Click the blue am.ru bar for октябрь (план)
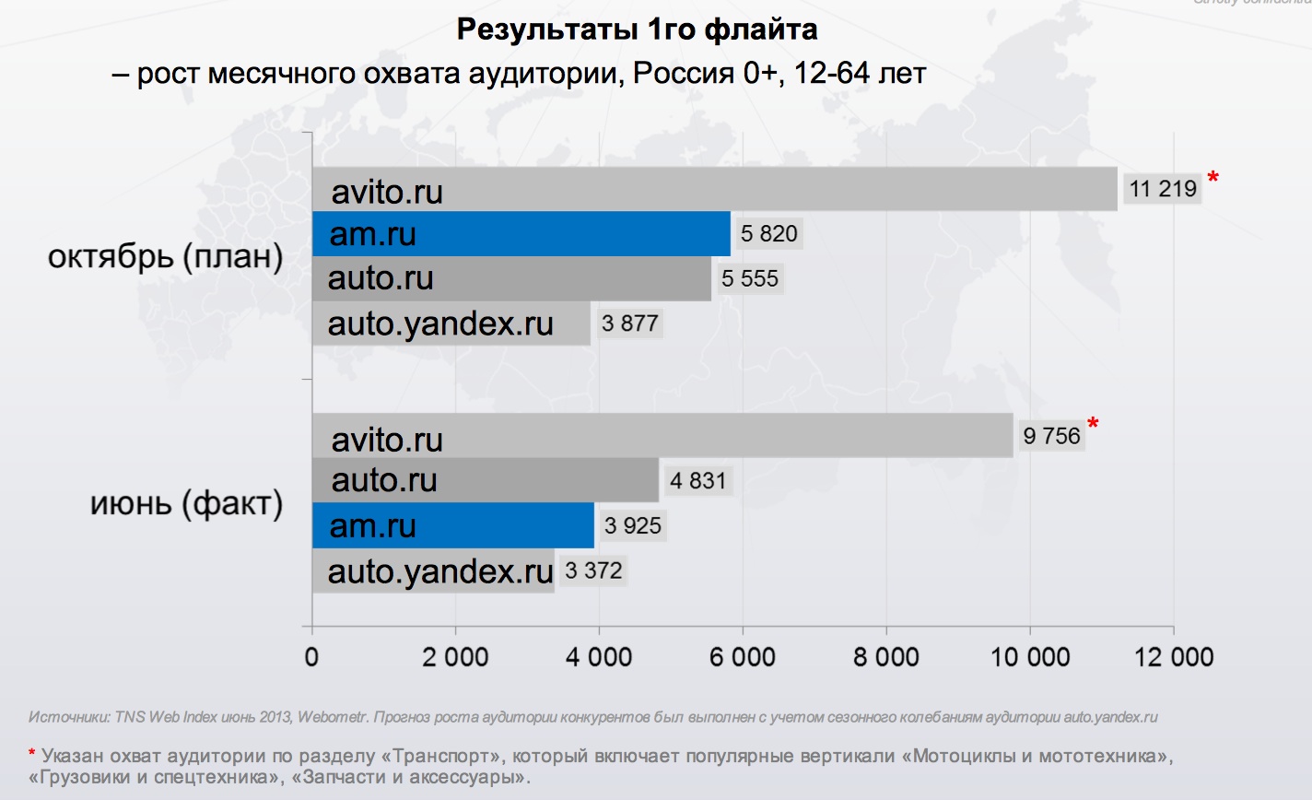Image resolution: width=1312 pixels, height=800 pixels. coord(521,234)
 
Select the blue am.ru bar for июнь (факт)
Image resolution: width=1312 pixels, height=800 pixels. coord(452,525)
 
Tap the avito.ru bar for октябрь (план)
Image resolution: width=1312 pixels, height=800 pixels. coord(714,190)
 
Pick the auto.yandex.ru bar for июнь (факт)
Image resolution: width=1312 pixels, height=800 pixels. coord(433,571)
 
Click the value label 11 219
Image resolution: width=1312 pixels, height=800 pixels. coord(1163,189)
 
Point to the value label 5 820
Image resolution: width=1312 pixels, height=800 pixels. coord(768,234)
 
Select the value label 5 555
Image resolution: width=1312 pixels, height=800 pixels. coord(750,278)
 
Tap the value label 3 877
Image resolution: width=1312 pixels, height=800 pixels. coord(630,324)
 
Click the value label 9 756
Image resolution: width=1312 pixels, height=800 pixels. coord(1051,436)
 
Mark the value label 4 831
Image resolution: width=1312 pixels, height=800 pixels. coord(697,481)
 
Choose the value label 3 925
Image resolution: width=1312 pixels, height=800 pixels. coord(633,526)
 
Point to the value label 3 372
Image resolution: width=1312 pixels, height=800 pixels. coord(594,571)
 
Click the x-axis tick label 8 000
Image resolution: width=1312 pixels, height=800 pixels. coord(885,657)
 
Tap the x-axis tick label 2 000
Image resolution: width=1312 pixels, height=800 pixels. coord(455,657)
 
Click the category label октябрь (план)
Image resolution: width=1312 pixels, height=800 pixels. coord(165,256)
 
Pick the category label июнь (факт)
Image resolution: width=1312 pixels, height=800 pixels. coord(186,504)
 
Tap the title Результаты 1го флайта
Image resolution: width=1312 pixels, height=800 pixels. coord(637,30)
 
